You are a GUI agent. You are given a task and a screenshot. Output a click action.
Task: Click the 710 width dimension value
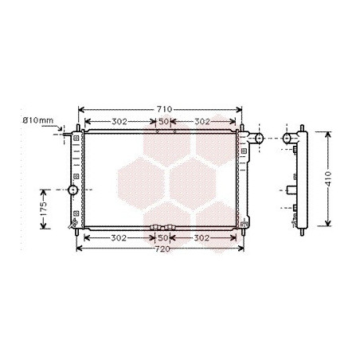coord(164,109)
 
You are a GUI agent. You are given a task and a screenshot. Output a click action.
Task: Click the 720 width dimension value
coord(162,249)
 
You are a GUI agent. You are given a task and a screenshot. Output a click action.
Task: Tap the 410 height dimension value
coord(328,178)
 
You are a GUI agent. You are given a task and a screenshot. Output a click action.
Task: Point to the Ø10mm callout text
coord(38,120)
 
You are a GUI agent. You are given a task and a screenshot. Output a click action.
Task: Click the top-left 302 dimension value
coord(119,122)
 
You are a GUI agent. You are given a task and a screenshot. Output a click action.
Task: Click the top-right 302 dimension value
coord(202,122)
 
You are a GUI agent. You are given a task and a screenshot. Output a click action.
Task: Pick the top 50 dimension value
coord(163,122)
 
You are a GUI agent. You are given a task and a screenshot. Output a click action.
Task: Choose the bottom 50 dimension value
coord(162,238)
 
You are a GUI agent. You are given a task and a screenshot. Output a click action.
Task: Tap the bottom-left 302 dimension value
coord(119,238)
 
